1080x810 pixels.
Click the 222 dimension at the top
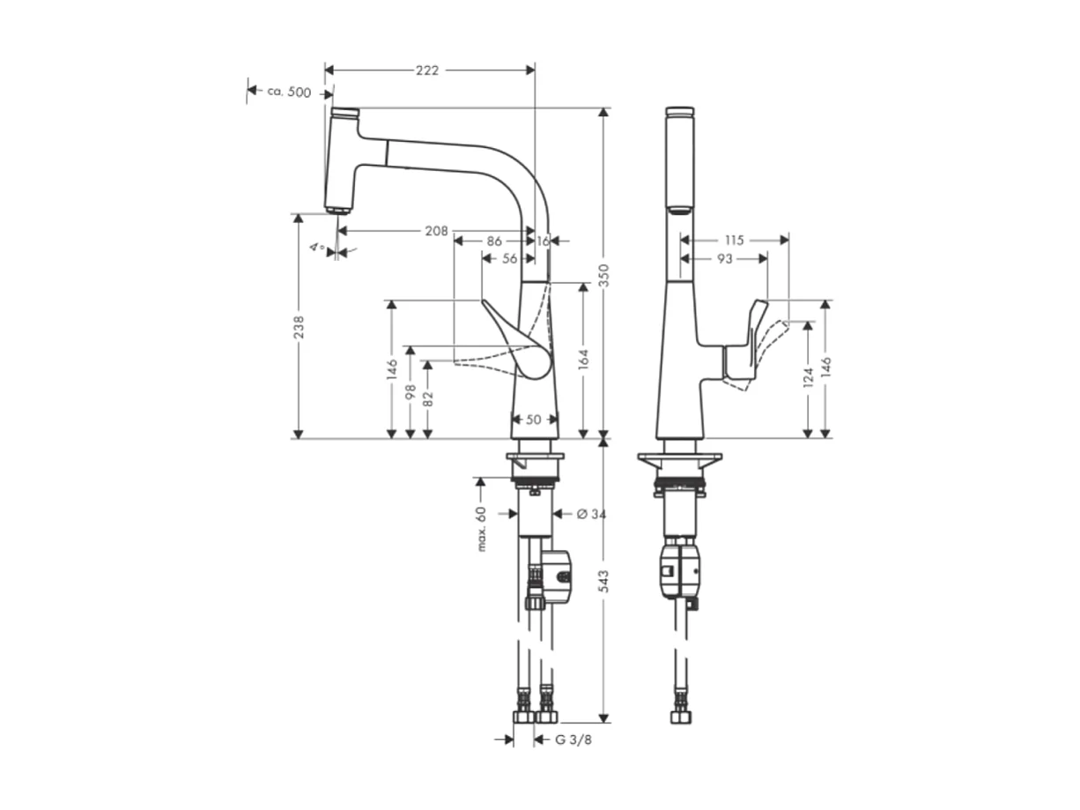(428, 71)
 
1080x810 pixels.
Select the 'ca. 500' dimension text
(289, 92)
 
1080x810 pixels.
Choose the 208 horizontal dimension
(435, 231)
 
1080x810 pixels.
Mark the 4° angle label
(317, 248)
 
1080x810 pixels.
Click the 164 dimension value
(583, 358)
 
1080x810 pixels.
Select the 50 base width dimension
(534, 420)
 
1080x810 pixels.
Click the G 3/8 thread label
(573, 739)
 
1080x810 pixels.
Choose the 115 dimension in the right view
(734, 240)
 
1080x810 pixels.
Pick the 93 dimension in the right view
(724, 258)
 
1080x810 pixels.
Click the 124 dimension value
(808, 380)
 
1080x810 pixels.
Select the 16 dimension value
(543, 240)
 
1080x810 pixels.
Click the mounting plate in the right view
(679, 460)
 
